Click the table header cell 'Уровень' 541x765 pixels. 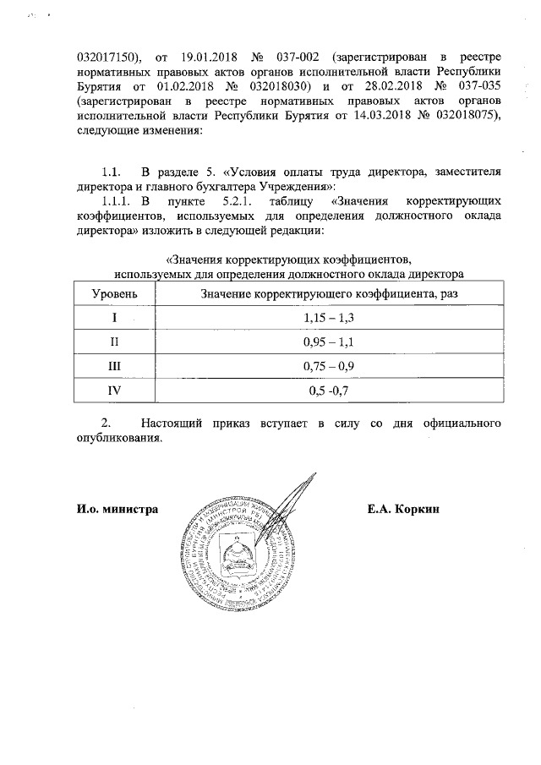tap(112, 293)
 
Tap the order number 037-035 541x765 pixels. tap(478, 88)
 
